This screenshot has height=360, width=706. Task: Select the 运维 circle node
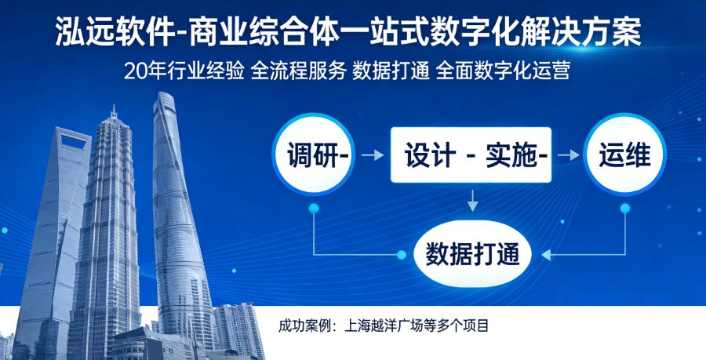624,155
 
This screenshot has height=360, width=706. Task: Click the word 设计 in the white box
429,155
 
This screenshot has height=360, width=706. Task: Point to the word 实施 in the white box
511,155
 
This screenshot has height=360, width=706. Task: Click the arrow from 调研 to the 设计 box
374,156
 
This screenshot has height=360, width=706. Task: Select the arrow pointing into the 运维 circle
568,156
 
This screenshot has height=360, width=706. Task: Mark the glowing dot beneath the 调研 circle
314,209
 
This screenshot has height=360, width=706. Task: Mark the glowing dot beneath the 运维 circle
625,209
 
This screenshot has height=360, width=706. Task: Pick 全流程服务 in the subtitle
297,71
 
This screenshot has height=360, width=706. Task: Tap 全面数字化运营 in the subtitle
501,71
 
